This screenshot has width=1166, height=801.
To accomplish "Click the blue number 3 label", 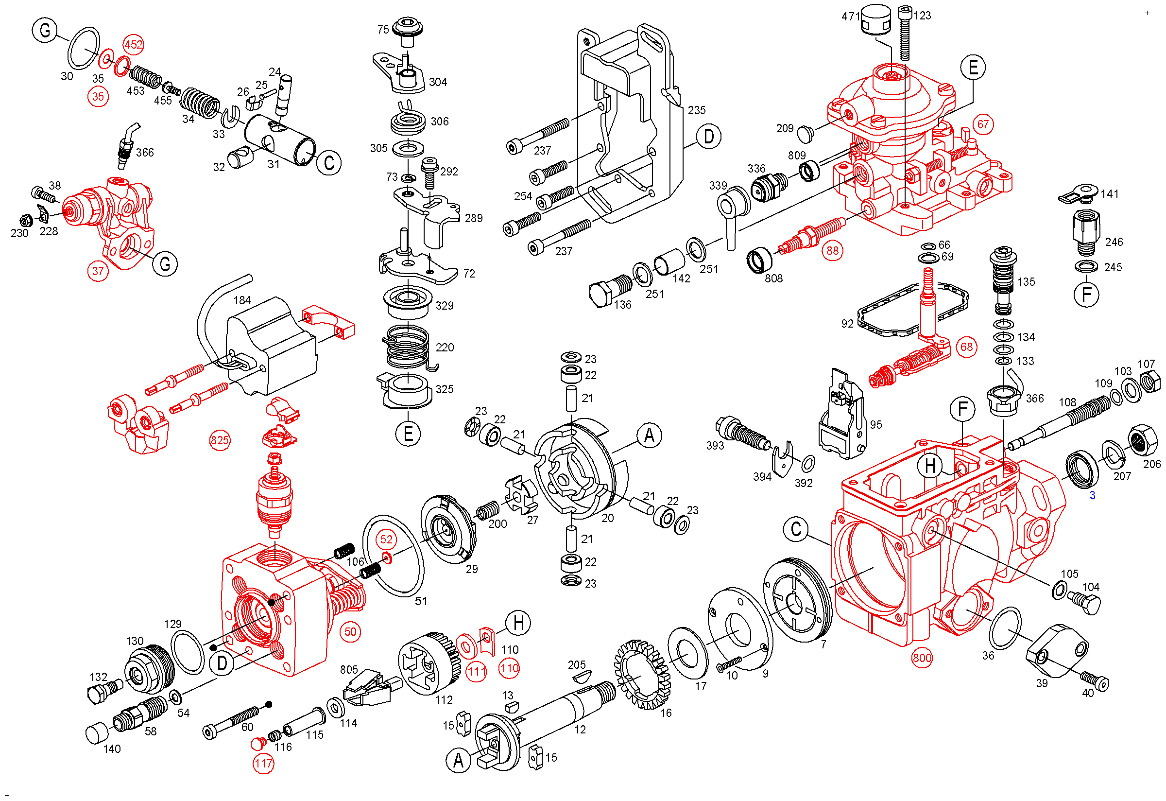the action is [x=1092, y=495].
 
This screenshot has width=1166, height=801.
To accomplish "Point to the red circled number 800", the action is [x=922, y=658].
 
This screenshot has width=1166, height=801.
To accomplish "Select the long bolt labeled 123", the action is [x=905, y=33].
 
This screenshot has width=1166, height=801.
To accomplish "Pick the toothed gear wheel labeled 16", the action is [x=643, y=675].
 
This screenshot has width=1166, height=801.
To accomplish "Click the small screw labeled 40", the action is [x=1095, y=679].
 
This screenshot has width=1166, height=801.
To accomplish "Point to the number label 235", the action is [x=696, y=110].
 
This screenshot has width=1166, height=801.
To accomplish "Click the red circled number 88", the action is [x=832, y=250].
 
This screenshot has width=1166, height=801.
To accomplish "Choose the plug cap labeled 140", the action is [x=97, y=733].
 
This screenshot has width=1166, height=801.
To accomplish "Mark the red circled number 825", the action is [x=220, y=441].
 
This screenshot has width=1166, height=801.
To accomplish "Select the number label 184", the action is [x=242, y=300].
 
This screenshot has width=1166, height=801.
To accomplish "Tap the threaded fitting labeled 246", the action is [x=1086, y=232].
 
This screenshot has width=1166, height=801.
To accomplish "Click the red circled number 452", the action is [x=134, y=45].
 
